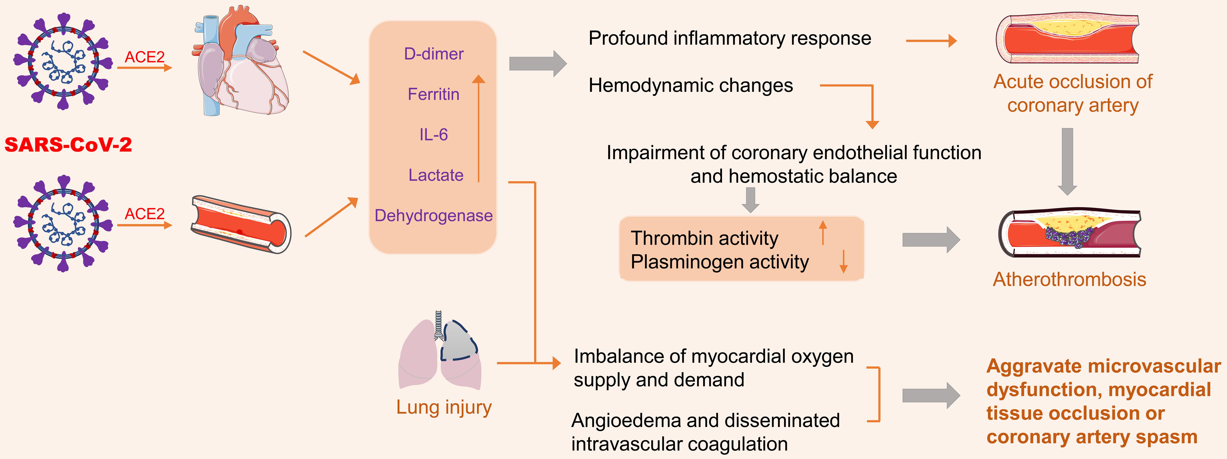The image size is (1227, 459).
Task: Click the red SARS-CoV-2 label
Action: coord(68,144)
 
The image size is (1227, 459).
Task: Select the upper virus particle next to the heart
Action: coord(63,61)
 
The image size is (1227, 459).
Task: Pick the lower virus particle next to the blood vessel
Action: coord(63,223)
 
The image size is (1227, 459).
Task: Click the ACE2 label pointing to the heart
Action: coord(144,57)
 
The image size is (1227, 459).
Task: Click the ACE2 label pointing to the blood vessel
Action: coord(144,214)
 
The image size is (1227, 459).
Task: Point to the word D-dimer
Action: coord(433,54)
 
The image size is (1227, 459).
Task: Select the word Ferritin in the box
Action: coord(433,94)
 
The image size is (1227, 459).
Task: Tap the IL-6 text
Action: coord(433,135)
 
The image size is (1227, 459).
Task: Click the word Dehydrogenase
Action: coord(433,215)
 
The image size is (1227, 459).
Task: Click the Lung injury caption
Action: coord(444,407)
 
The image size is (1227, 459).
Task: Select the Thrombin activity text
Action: coord(704,238)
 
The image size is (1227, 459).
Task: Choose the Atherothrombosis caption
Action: coord(1069,279)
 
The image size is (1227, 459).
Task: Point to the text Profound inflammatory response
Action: coord(730,38)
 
